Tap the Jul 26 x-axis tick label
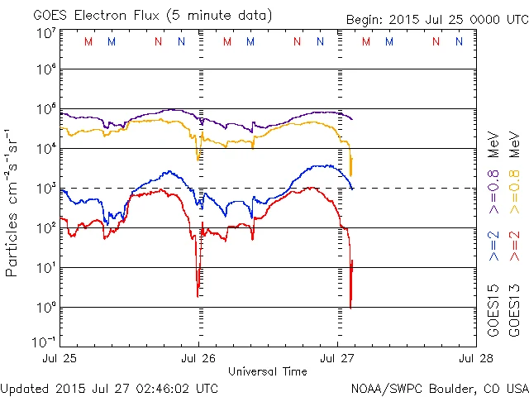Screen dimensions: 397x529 click(198, 359)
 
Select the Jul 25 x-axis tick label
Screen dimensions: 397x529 click(60, 359)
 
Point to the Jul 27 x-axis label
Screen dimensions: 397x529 click(337, 359)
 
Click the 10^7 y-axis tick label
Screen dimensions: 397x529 click(45, 33)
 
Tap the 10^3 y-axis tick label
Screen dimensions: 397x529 click(45, 189)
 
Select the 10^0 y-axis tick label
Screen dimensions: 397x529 click(45, 307)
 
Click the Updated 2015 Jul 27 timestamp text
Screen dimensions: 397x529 click(110, 387)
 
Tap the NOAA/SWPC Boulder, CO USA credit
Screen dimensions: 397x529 click(439, 387)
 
